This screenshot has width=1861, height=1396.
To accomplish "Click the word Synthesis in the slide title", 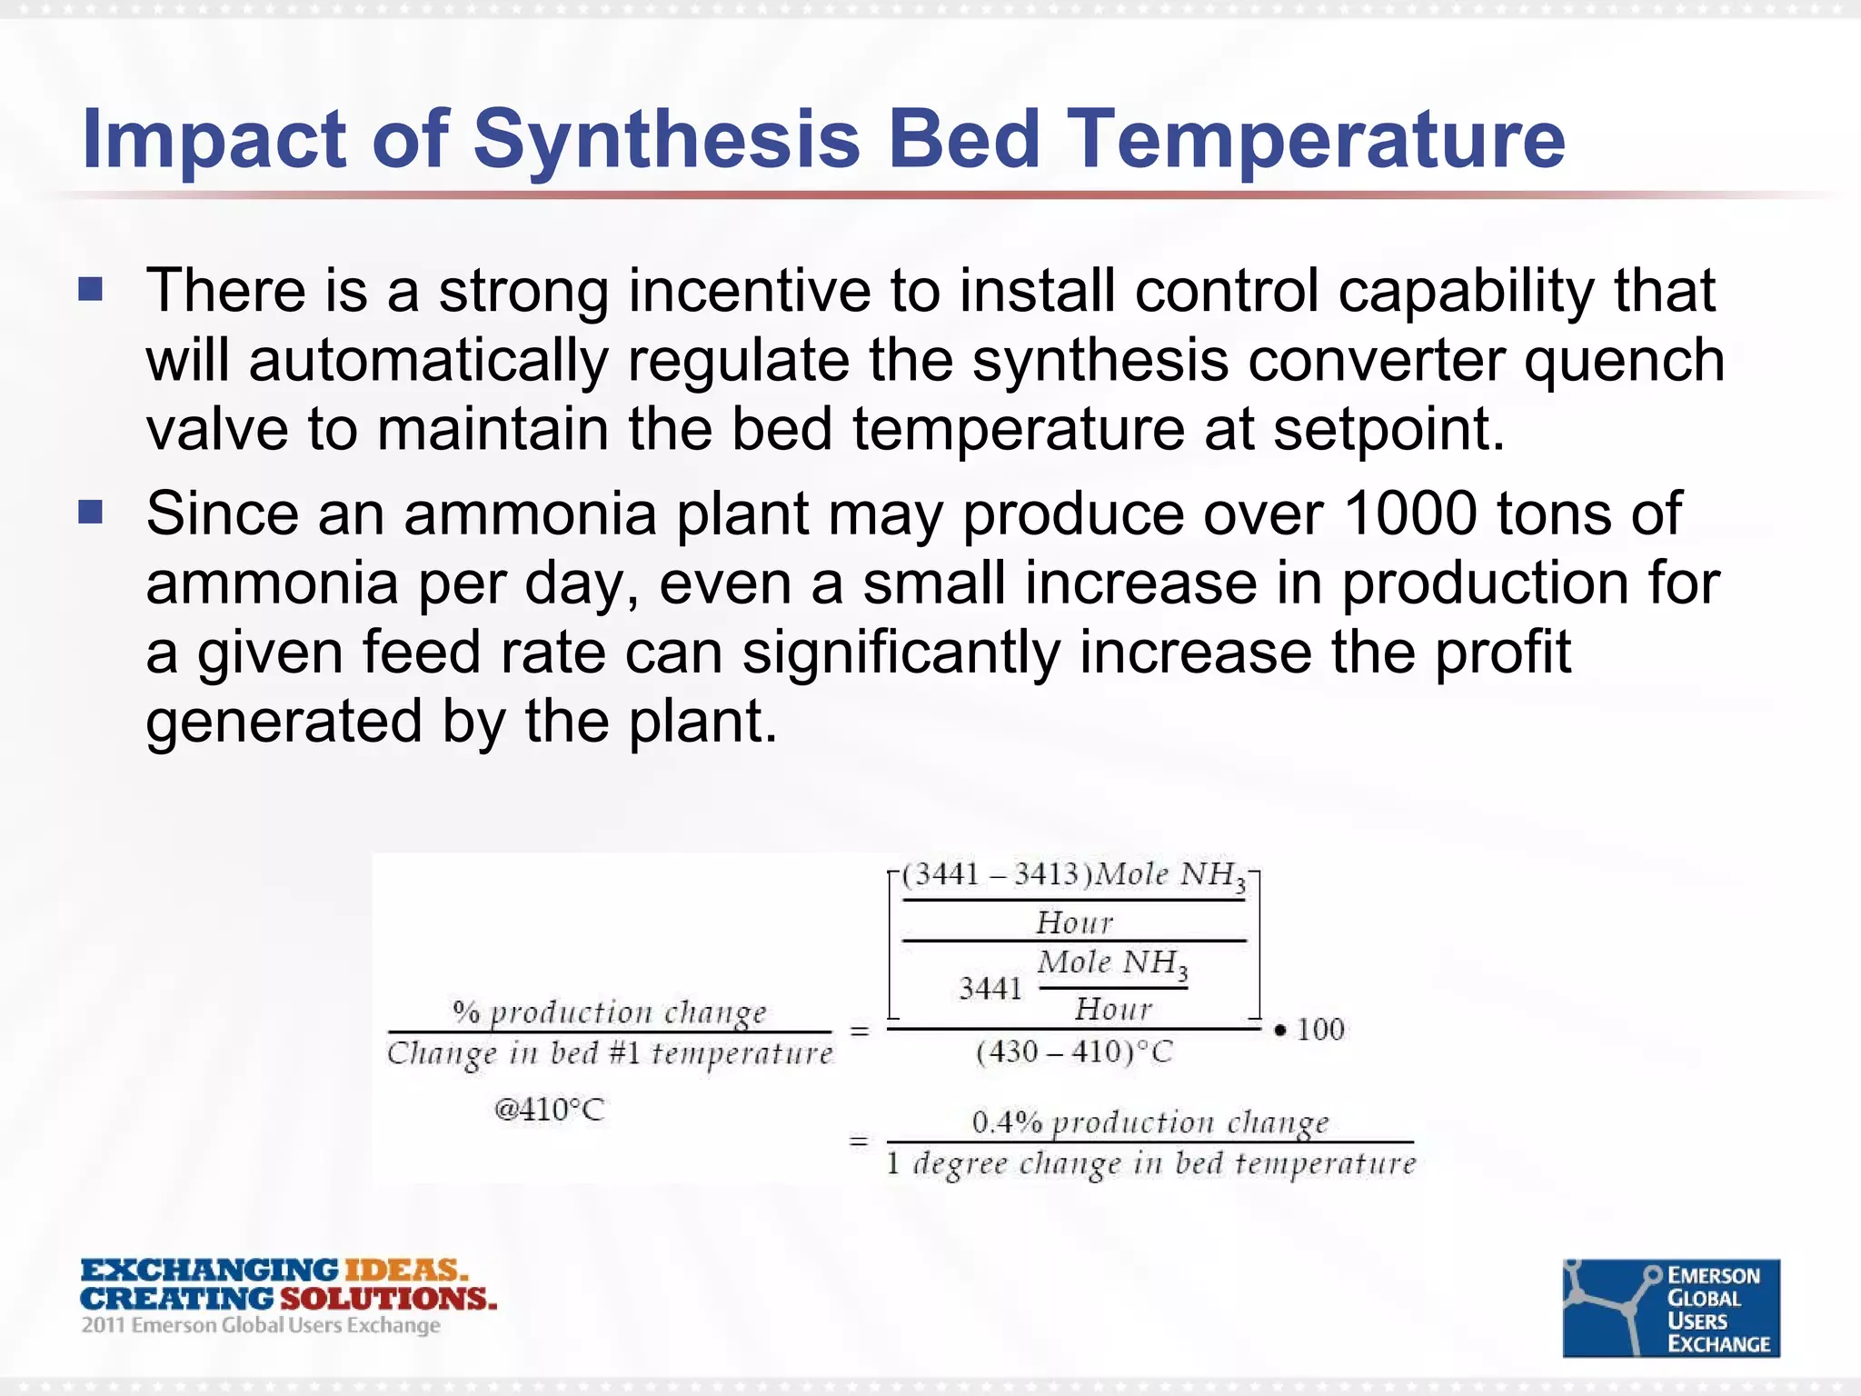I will click(665, 141).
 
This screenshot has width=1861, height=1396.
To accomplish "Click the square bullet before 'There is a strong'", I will click(90, 290).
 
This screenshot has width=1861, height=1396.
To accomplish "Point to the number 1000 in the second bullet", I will click(1410, 514).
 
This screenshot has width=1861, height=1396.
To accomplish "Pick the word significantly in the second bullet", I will click(901, 653).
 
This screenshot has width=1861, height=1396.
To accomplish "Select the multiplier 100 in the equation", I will click(1319, 1030).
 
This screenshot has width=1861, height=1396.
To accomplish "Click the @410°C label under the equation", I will click(549, 1110).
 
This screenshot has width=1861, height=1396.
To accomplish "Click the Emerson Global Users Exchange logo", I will click(1670, 1308).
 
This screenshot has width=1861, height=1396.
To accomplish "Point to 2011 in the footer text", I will click(103, 1325).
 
